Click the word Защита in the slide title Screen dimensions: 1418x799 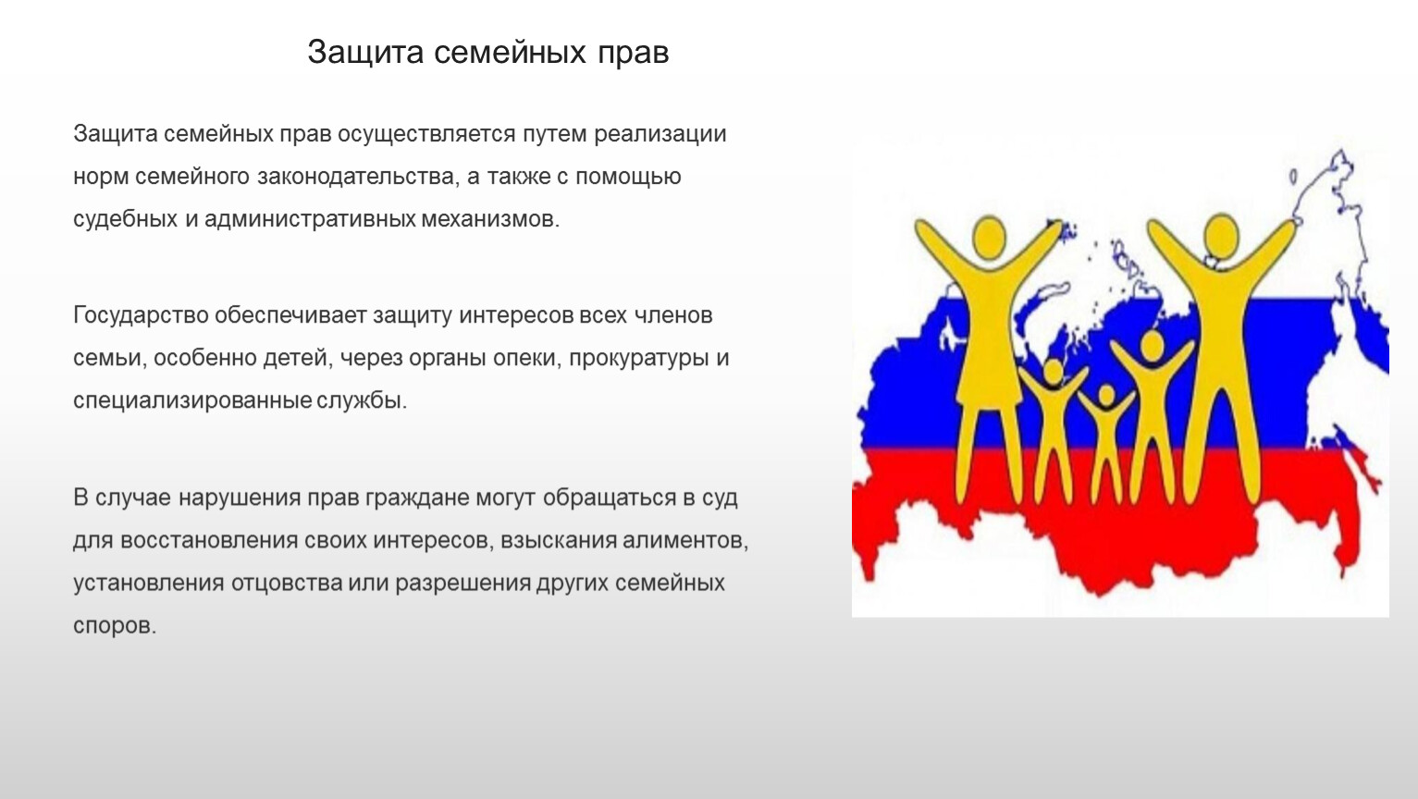(365, 53)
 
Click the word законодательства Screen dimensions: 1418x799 (356, 177)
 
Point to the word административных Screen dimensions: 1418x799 (310, 220)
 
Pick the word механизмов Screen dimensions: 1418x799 (490, 220)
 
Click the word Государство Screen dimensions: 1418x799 (141, 316)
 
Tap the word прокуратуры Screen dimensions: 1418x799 (639, 359)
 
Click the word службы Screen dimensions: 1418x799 (362, 400)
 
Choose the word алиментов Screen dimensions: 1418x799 (684, 541)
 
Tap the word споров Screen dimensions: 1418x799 (115, 627)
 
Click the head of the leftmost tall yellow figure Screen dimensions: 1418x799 (989, 238)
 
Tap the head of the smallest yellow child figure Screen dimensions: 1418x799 (1106, 396)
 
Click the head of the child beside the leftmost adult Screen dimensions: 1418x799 (1054, 373)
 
